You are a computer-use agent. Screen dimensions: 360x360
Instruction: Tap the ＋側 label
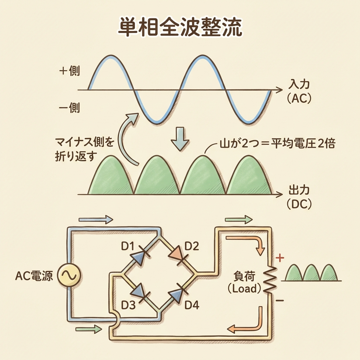click(x=70, y=71)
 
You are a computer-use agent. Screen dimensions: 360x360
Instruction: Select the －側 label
click(x=70, y=108)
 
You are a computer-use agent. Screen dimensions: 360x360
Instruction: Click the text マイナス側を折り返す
click(x=84, y=149)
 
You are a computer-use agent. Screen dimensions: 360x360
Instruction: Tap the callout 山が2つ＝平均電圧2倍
click(x=273, y=144)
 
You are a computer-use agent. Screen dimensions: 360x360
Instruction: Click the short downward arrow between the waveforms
click(x=179, y=139)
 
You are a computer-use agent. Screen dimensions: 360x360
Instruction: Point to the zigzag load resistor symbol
click(x=271, y=279)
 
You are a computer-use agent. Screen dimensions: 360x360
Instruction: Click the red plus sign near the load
click(x=280, y=259)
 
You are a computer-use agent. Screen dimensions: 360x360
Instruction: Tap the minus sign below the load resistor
click(x=280, y=301)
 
